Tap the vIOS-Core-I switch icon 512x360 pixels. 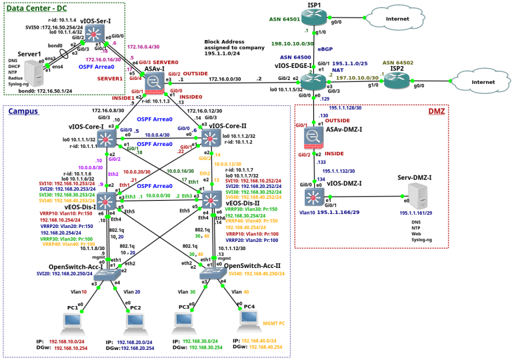(x=107, y=138)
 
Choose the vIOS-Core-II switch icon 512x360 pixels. (x=211, y=138)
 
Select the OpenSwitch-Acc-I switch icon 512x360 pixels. (x=106, y=273)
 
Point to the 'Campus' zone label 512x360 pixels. (x=23, y=111)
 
